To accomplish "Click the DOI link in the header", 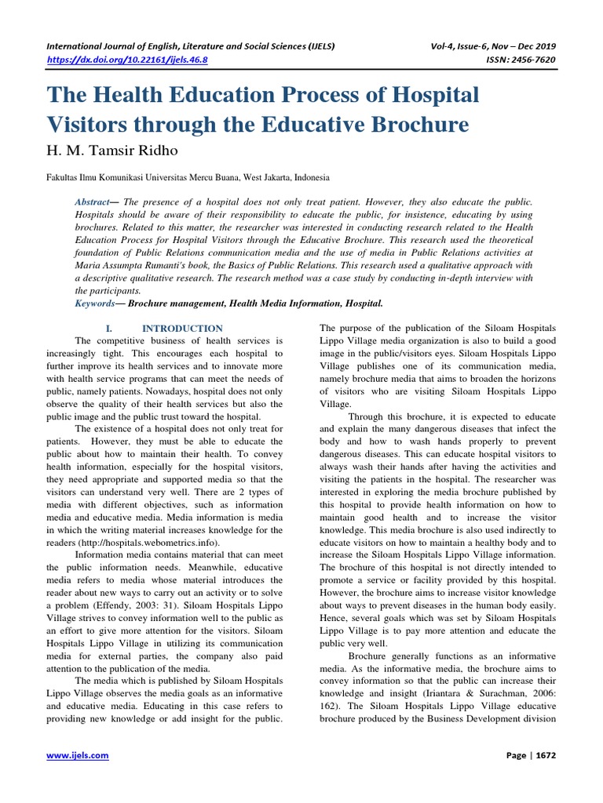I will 133,59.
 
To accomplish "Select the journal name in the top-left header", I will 192,45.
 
